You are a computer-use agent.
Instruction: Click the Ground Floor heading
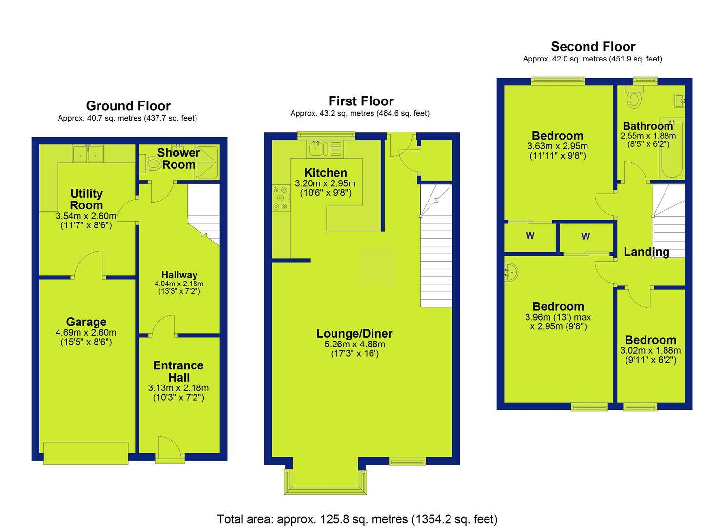coord(128,106)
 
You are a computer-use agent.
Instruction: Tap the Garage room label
coord(86,322)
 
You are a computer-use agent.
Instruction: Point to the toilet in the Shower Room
coord(151,163)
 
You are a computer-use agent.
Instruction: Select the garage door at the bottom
coord(86,453)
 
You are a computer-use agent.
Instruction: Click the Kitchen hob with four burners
coord(281,198)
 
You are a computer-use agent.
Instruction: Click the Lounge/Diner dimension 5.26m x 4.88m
coord(354,344)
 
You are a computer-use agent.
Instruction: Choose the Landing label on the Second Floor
coord(646,252)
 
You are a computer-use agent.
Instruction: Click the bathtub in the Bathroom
coord(672,150)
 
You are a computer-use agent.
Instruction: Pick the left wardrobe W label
coord(530,236)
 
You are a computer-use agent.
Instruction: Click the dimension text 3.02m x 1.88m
coord(650,351)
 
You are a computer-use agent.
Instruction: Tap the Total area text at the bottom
coord(357,519)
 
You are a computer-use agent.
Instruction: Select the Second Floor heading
coord(593,47)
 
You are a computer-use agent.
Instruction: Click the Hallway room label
coord(179,275)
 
